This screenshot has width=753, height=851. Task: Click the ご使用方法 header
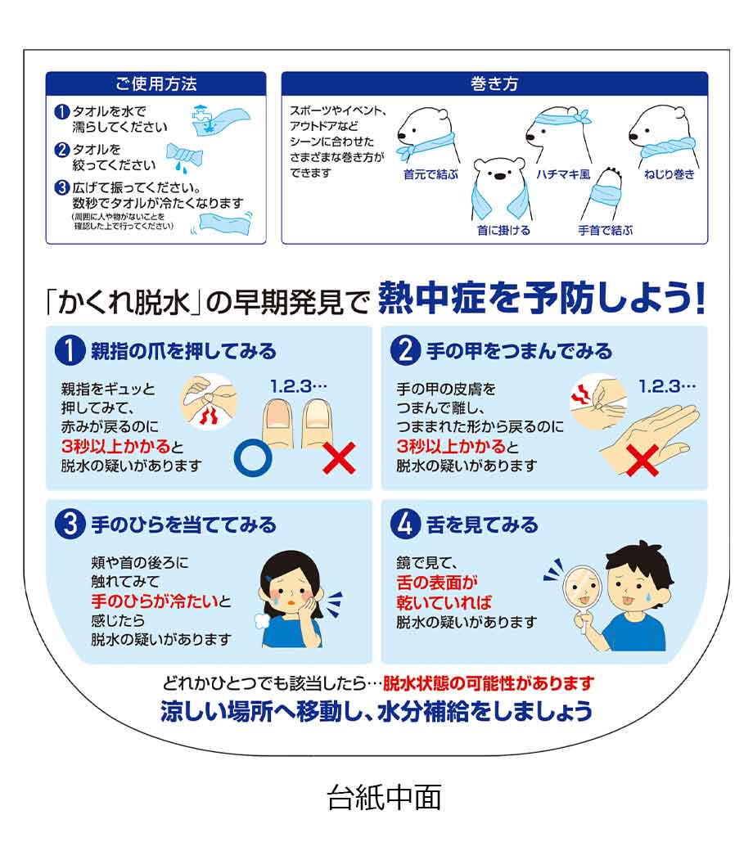tap(156, 84)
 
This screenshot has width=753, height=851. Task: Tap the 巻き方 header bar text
tap(494, 84)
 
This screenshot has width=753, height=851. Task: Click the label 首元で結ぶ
tap(431, 174)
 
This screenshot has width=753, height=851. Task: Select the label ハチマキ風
tap(563, 174)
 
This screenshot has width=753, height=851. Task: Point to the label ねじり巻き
tap(669, 174)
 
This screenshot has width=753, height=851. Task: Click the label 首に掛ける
tap(503, 231)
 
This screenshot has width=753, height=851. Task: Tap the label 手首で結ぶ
tap(606, 231)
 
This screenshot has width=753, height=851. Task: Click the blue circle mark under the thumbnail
tap(253, 458)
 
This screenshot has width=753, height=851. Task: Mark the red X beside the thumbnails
tap(339, 458)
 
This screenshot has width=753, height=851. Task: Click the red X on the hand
tap(643, 461)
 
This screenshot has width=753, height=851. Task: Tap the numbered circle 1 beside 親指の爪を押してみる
tap(70, 350)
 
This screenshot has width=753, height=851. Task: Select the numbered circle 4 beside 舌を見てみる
tap(405, 525)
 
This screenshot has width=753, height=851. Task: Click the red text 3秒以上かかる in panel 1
tap(116, 446)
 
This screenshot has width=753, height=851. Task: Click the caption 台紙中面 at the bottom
tap(384, 797)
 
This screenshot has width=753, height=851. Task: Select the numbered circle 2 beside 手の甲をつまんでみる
tap(405, 350)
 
